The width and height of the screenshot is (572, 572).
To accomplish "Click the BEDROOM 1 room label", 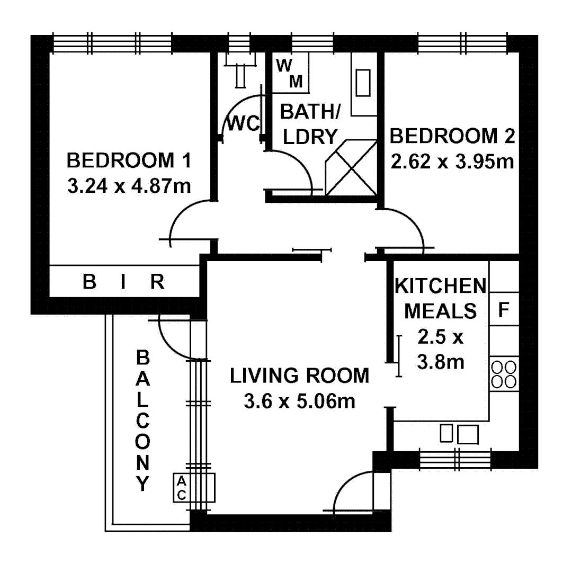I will tap(129, 159).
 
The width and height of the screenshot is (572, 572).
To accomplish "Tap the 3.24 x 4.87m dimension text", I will tap(129, 186).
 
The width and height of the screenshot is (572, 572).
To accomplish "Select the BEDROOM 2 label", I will tap(452, 136).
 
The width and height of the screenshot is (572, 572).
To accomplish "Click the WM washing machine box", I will tap(291, 74).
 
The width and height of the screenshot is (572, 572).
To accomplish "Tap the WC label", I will tap(243, 124).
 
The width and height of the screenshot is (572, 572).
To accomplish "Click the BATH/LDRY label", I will tap(310, 124).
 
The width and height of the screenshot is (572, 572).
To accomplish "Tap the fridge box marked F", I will tap(504, 309).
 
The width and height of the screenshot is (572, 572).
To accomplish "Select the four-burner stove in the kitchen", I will tap(504, 374).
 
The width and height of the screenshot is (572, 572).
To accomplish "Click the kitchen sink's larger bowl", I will tap(468, 434).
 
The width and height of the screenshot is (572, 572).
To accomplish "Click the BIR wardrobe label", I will tap(123, 282).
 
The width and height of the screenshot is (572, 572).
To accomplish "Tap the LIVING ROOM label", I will tap(299, 376).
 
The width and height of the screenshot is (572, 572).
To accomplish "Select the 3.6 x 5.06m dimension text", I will tap(299, 401).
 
